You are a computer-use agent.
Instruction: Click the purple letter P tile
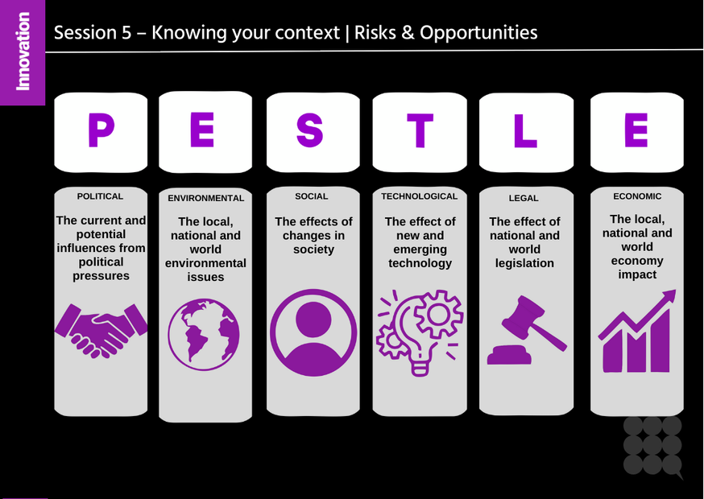(101, 131)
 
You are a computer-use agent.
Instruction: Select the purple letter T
(419, 131)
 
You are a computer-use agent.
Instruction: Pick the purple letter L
(524, 131)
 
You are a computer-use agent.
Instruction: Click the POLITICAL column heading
(100, 196)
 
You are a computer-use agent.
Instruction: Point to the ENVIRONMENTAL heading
(205, 198)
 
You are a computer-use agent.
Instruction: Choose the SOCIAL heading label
(312, 196)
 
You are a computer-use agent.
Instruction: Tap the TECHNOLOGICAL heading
(419, 196)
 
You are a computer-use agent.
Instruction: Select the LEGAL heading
(524, 198)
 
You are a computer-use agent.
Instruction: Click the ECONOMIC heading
(637, 196)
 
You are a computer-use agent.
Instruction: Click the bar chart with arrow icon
(637, 332)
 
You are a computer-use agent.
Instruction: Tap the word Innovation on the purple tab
(23, 51)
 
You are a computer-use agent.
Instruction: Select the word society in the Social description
(313, 249)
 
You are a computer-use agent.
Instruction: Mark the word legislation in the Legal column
(524, 263)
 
